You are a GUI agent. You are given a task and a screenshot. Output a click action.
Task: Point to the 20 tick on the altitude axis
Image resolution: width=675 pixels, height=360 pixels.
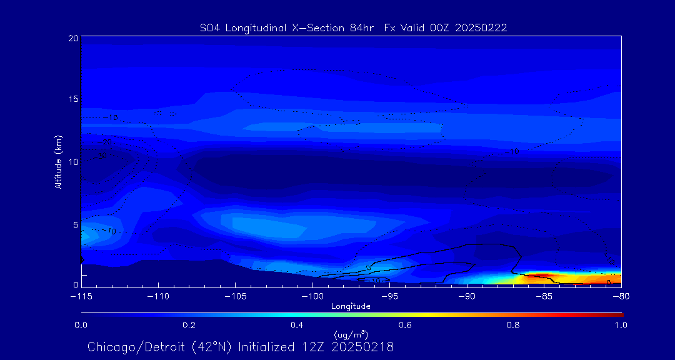73,38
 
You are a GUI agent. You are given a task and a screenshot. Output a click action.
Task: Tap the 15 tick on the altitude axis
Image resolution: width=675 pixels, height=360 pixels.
73,99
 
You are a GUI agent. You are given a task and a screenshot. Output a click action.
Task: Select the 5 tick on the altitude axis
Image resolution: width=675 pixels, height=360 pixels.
75,224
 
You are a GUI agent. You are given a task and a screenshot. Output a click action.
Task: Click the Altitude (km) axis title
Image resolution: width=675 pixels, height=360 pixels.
58,162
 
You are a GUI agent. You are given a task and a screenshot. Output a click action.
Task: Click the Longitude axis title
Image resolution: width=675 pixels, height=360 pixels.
351,306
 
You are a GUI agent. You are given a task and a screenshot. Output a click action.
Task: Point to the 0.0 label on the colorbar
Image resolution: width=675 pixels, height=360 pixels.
81,325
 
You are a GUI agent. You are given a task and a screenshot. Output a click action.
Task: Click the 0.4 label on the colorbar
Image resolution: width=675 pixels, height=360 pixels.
297,325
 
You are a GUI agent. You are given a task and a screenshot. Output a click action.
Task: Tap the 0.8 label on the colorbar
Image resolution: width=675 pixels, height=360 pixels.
513,325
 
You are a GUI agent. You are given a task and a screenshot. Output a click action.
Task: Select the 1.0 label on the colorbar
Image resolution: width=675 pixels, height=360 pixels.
621,325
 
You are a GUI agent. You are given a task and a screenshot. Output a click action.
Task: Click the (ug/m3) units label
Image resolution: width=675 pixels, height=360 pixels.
351,335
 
